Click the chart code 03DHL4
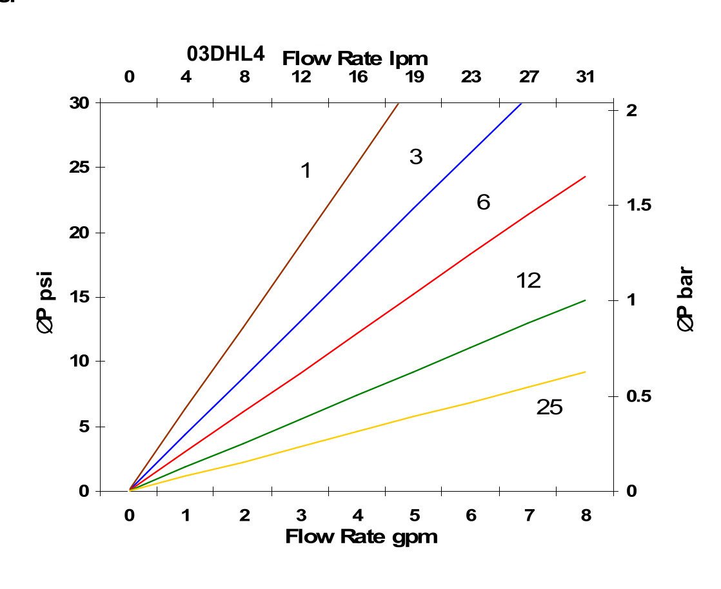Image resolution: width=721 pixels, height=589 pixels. pos(226,55)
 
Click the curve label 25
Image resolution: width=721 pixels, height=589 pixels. pos(549,408)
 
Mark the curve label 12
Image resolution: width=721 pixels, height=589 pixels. pos(528,281)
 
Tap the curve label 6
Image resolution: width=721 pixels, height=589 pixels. pos(483,203)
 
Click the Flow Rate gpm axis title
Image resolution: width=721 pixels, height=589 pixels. pos(361,536)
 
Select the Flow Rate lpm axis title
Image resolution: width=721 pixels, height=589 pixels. pos(355,59)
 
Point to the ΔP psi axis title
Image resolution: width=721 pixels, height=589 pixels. pos(46,296)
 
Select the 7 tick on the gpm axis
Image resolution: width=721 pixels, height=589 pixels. pos(529,516)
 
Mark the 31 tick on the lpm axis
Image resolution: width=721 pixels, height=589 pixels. pos(585,77)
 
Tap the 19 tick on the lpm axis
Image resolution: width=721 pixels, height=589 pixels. pos(415,77)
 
